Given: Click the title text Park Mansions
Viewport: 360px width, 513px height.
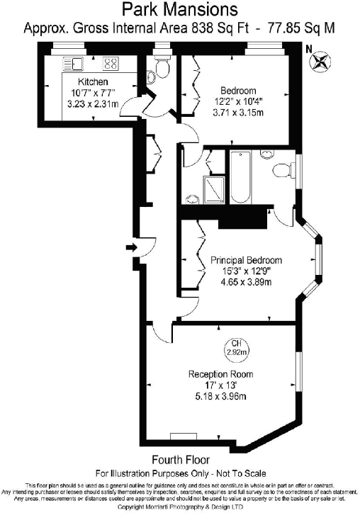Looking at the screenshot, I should point(180,9).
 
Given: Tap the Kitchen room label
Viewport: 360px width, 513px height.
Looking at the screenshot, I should point(92,82).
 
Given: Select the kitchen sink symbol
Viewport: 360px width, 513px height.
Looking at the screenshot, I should point(74,64).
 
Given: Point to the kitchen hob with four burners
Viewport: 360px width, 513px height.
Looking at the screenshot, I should point(111,64).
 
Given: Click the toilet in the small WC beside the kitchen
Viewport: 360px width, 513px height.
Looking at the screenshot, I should point(161,69).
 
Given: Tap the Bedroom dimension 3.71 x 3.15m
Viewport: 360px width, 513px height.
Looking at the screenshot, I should point(237,112).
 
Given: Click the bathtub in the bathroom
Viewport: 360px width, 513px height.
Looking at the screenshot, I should point(239,180).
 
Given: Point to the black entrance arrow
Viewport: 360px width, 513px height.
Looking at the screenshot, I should point(131,247).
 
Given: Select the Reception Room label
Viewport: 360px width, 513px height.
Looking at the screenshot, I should point(220,374).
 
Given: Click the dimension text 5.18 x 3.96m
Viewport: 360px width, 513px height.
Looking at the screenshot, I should point(220,397).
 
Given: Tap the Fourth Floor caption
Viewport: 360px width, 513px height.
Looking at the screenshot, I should point(180,460).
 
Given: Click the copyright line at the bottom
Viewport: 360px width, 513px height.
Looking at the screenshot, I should point(180,507).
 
